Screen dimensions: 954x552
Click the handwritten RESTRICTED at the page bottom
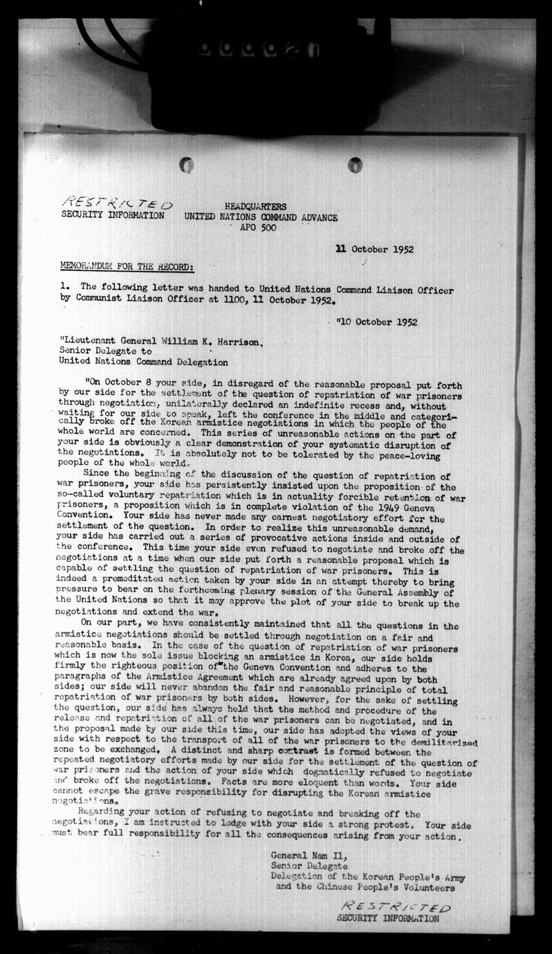[396, 907]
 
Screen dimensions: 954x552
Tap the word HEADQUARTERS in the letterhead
[255, 207]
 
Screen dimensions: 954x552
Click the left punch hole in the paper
[186, 165]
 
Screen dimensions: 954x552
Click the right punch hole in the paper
[355, 165]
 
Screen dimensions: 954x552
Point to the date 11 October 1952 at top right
[374, 250]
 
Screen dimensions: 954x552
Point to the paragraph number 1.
[62, 291]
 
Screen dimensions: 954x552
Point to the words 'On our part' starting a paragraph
[106, 625]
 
